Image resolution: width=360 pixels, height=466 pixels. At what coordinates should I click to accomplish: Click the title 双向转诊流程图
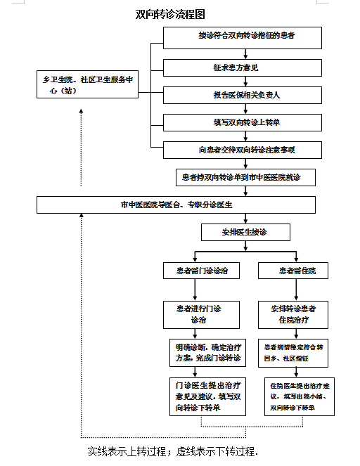point(170,14)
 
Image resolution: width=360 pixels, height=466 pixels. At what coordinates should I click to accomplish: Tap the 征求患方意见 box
point(243,67)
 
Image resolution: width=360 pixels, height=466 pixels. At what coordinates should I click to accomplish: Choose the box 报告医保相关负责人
point(243,95)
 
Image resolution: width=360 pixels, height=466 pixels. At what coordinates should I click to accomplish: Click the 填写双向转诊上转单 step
point(243,122)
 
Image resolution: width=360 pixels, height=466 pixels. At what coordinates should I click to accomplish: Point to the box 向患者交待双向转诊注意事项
point(243,150)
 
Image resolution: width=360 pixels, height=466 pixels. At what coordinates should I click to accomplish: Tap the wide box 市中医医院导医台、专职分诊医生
point(176,205)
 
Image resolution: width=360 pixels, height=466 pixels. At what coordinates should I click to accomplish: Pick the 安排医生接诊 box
point(245,232)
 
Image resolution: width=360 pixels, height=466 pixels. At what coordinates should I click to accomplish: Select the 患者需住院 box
point(293,271)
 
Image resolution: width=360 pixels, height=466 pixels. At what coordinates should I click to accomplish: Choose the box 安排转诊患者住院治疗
point(293,314)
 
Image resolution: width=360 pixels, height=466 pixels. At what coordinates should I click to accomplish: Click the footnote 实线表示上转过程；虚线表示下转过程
point(172,451)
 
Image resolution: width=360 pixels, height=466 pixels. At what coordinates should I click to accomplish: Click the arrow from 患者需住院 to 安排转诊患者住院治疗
point(293,290)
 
